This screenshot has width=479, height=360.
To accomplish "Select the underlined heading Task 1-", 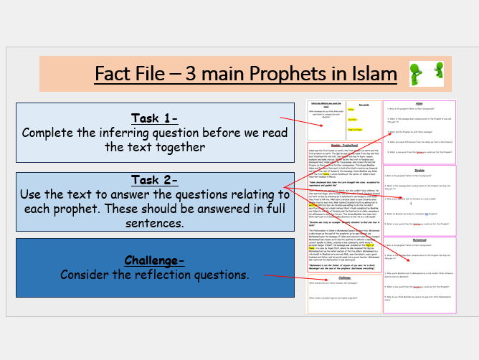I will pos(155,118).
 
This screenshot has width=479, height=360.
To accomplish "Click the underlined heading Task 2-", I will pos(155,179).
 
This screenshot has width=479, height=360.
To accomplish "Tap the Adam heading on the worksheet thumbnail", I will pos(419,103).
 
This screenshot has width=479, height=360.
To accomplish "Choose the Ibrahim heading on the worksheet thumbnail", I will pos(419,171).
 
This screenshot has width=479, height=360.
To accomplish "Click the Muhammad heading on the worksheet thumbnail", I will pos(419,239).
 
